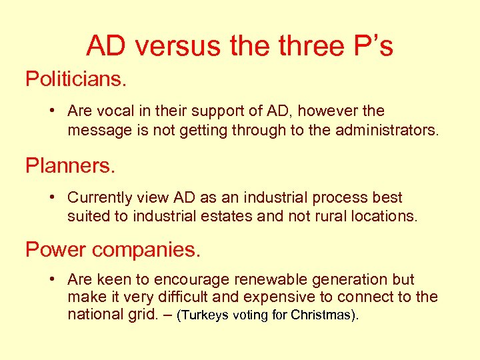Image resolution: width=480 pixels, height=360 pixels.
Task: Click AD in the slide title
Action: click(107, 46)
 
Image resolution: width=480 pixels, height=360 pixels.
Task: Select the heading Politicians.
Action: click(76, 79)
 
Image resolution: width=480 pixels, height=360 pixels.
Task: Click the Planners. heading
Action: click(71, 165)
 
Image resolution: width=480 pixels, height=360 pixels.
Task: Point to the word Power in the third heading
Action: click(55, 249)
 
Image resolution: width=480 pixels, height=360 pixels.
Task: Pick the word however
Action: click(328, 111)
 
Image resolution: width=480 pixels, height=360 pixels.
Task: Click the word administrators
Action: click(375, 130)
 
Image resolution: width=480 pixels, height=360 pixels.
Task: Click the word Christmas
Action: click(321, 315)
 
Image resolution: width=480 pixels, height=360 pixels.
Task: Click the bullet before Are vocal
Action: click(53, 111)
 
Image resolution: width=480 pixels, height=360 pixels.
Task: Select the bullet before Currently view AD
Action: click(53, 197)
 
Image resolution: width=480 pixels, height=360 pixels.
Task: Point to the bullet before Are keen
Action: click(53, 279)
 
